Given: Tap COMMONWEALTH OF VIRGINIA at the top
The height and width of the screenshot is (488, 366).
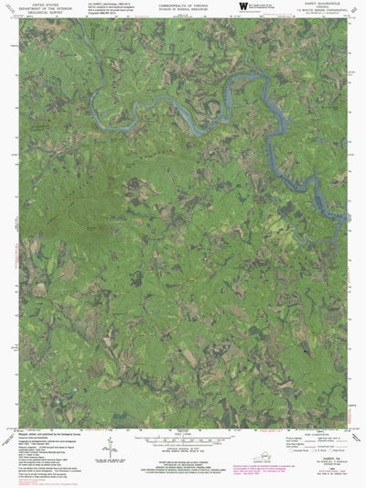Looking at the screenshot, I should point(182,4).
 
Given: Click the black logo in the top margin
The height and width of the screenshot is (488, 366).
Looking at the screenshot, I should point(242,6).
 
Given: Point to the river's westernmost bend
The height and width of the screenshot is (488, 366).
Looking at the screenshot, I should point(136,114).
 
